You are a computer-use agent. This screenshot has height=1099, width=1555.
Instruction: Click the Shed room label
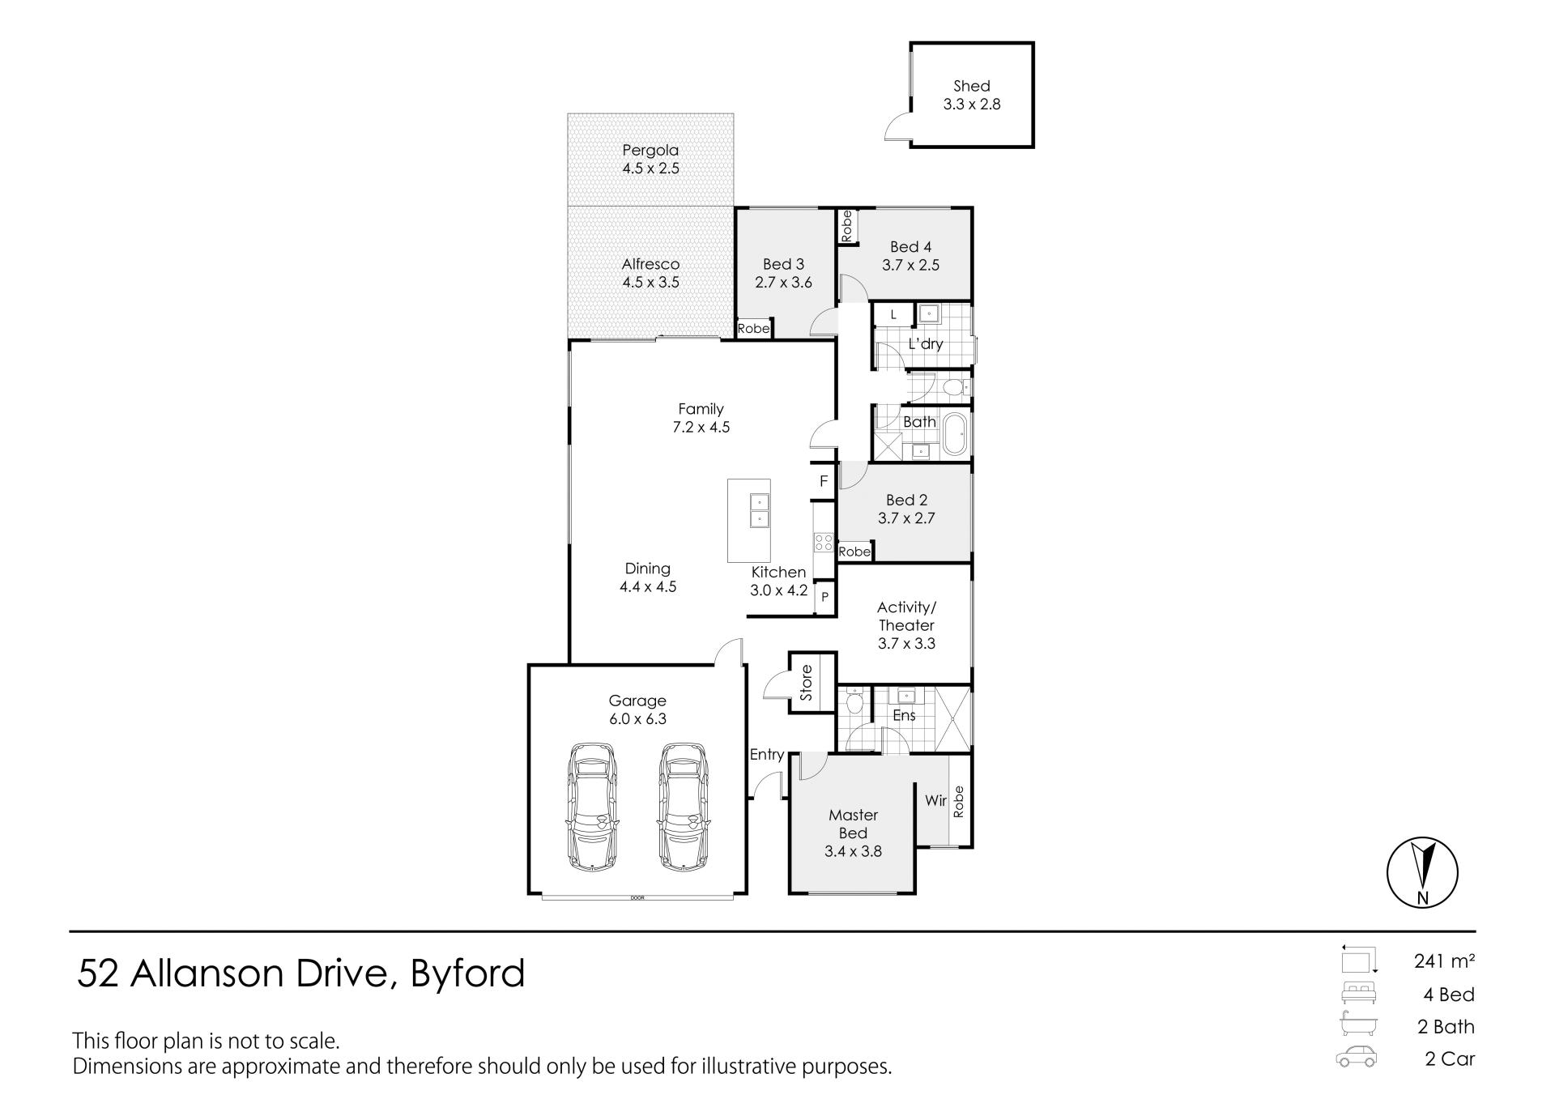(x=971, y=86)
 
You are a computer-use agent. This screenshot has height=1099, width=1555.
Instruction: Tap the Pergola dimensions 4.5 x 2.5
(x=650, y=168)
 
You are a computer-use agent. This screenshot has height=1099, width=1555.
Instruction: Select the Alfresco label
(x=650, y=264)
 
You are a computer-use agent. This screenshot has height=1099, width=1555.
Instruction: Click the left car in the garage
(x=592, y=807)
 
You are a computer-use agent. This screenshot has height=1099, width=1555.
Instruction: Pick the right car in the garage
(x=684, y=807)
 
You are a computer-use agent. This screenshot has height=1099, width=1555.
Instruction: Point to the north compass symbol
(x=1422, y=872)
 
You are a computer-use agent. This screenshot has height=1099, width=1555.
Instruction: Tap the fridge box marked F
(x=824, y=481)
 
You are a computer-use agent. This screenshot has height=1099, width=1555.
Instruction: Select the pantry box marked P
(x=824, y=598)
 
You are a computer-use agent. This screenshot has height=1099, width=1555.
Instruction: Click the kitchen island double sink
(x=759, y=511)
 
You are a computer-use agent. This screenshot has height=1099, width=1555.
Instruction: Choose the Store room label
(x=806, y=683)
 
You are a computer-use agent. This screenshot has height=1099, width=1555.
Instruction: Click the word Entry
(x=766, y=755)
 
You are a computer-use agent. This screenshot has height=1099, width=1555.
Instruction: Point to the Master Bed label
(x=853, y=824)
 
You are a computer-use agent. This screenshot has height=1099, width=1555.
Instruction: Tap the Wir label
(x=935, y=800)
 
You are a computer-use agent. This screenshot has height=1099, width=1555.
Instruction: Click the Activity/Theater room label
(x=906, y=616)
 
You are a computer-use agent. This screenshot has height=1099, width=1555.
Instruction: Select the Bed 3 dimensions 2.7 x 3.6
(x=783, y=283)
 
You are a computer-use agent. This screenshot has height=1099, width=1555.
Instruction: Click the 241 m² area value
(x=1444, y=961)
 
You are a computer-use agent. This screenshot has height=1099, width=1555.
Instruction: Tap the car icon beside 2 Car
(x=1356, y=1059)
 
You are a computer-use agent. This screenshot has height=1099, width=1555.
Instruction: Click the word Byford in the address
(x=468, y=974)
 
